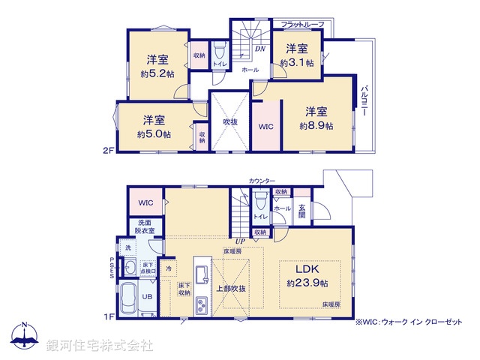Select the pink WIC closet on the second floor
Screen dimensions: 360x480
(266, 127)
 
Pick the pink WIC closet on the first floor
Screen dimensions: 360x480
(145, 203)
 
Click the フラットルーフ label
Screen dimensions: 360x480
(302, 25)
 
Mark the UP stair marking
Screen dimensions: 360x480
(240, 241)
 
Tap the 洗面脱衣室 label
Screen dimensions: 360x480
(145, 226)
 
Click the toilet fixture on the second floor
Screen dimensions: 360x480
(220, 52)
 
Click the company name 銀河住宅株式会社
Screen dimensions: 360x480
(100, 346)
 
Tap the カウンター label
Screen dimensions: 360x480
(262, 181)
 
